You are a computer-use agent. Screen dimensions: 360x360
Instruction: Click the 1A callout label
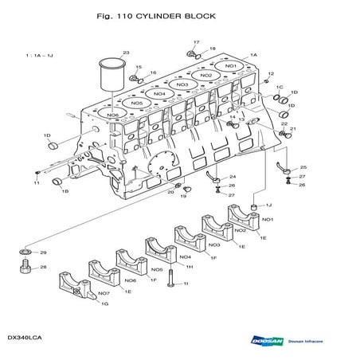tap(253, 54)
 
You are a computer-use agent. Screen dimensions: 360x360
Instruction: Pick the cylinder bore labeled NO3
tap(182, 84)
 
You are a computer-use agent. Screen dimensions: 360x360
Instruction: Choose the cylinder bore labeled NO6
tap(112, 115)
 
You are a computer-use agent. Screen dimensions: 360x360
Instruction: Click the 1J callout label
tap(268, 205)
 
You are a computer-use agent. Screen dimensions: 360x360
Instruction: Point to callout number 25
tap(303, 168)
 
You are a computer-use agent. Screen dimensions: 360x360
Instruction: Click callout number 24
tap(232, 176)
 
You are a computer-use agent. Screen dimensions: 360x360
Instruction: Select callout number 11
tap(36, 183)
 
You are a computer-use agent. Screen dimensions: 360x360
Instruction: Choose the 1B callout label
tap(65, 191)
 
